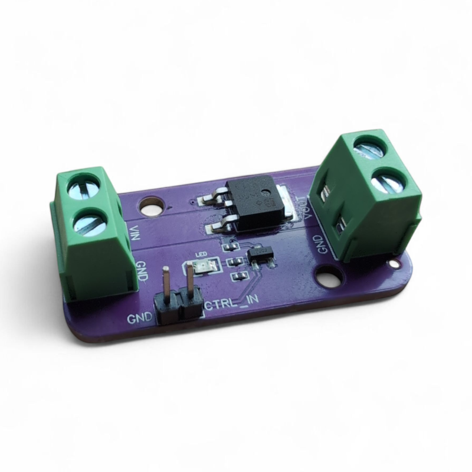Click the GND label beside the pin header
coord(139,319)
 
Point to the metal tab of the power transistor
coord(289,203)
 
